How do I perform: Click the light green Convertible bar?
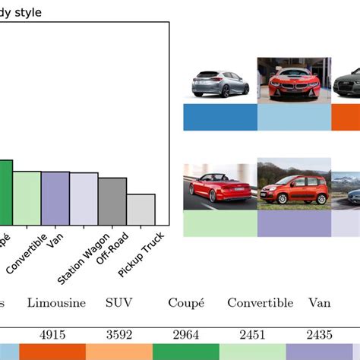pos(27,197)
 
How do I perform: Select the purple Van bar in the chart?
pos(55,198)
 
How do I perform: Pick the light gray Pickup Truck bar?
pos(141,209)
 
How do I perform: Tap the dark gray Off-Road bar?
pos(112,201)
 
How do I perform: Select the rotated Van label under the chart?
pos(53,240)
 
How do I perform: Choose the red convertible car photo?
pos(220,187)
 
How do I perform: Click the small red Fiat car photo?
pos(293,185)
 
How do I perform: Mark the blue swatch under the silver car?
pos(220,117)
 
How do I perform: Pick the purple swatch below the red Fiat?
pos(293,223)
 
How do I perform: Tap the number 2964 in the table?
pos(186,333)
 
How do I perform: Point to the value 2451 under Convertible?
pos(253,333)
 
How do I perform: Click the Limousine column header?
pos(55,303)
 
